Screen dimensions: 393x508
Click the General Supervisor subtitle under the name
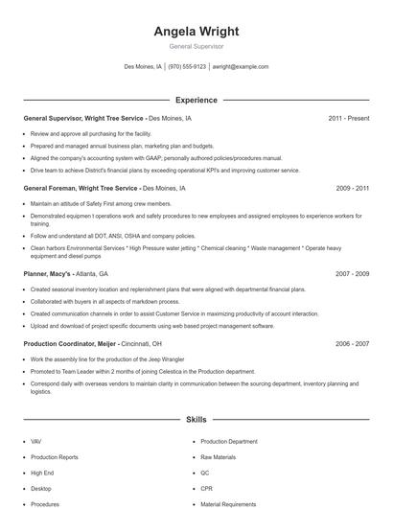[x=196, y=46]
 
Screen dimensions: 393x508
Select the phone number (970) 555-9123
[x=187, y=67]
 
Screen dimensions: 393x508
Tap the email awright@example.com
[x=240, y=67]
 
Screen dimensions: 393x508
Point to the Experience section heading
[x=196, y=100]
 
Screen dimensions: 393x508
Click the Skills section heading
[x=196, y=419]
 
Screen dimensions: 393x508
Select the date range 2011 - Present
[x=348, y=119]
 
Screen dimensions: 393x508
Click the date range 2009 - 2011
[x=352, y=189]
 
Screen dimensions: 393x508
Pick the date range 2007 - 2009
[x=352, y=273]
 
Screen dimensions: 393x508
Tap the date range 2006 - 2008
[x=352, y=343]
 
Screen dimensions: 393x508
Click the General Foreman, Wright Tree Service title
[x=81, y=189]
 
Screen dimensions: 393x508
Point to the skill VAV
[x=36, y=442]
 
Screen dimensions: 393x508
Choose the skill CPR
[x=206, y=489]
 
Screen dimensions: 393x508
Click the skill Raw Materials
[x=218, y=457]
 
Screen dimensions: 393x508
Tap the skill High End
[x=42, y=473]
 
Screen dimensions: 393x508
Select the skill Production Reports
[x=55, y=457]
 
